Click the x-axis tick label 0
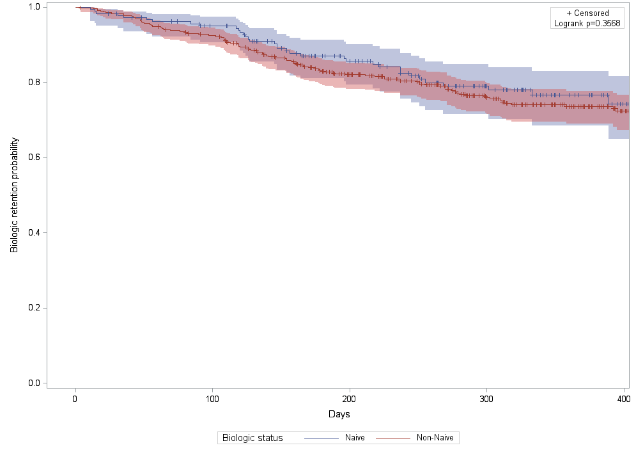coord(75,398)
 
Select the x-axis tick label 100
coord(213,398)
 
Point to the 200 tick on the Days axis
coord(350,398)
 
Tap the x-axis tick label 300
coord(487,398)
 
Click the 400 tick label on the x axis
coord(623,398)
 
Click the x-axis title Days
coord(339,415)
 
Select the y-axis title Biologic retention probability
coord(14,195)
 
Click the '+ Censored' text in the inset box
coord(587,13)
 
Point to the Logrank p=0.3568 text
coord(587,24)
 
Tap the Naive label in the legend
coord(355,438)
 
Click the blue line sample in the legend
coord(321,438)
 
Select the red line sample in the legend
coord(392,438)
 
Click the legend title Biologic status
coord(252,438)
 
